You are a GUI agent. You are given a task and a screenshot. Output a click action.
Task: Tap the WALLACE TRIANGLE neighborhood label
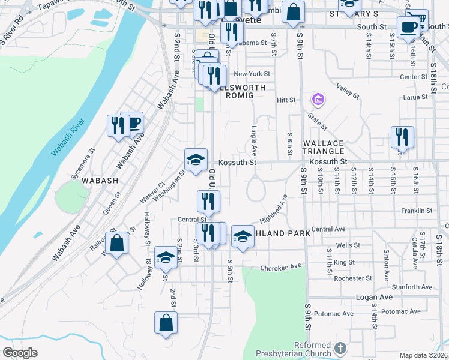pyautogui.click(x=323, y=148)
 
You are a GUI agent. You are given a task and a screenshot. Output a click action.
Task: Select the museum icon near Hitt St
pyautogui.click(x=317, y=99)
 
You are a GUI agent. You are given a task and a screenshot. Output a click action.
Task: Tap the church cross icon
pyautogui.click(x=340, y=348)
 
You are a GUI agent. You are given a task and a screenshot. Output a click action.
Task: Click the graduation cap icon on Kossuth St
pyautogui.click(x=196, y=160)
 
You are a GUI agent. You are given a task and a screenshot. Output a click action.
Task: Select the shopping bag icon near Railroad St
pyautogui.click(x=118, y=243)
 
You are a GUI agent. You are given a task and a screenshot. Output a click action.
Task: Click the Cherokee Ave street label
pyautogui.click(x=280, y=268)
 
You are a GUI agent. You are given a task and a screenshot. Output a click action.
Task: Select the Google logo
pyautogui.click(x=20, y=353)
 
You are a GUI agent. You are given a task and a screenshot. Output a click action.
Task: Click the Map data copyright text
pyautogui.click(x=423, y=355)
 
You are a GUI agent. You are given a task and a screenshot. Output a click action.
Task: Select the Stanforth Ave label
pyautogui.click(x=411, y=287)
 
